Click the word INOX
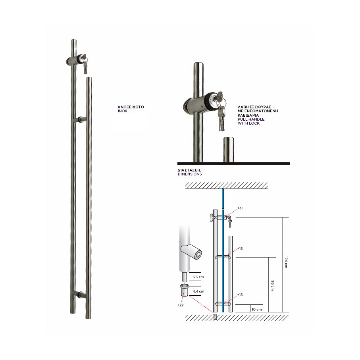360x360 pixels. pyautogui.click(x=122, y=111)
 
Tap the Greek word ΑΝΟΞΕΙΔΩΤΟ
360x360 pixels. pyautogui.click(x=131, y=107)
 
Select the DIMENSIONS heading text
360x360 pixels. pyautogui.click(x=190, y=174)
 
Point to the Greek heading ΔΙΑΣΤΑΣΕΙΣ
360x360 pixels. pyautogui.click(x=189, y=170)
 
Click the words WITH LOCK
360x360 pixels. pyautogui.click(x=248, y=123)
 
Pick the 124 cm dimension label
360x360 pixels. pyautogui.click(x=286, y=262)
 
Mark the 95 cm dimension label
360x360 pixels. pyautogui.click(x=272, y=285)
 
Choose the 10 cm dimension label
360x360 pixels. pyautogui.click(x=257, y=309)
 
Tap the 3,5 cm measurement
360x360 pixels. pyautogui.click(x=198, y=277)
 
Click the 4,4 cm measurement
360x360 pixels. pyautogui.click(x=198, y=291)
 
